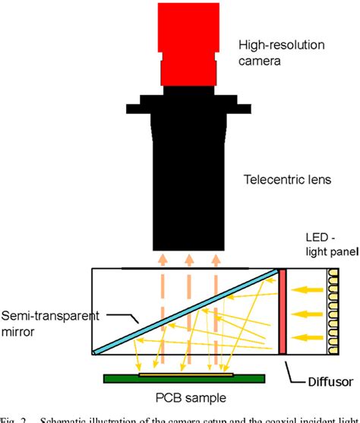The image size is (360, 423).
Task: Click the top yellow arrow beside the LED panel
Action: point(308,288)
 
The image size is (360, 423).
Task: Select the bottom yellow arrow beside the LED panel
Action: point(308,335)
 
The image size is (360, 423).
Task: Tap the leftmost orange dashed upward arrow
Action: point(161,304)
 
